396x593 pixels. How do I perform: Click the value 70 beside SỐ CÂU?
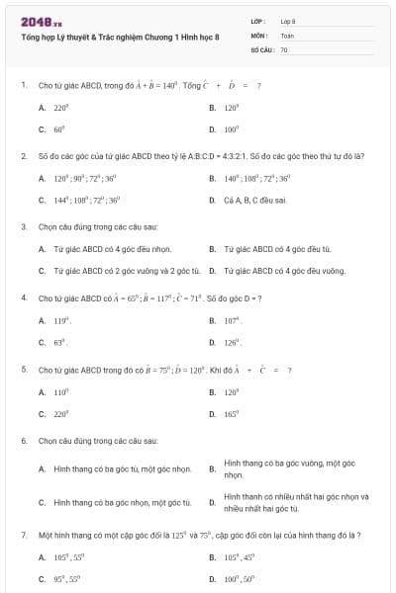pyautogui.click(x=284, y=49)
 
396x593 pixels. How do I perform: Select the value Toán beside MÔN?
pyautogui.click(x=287, y=35)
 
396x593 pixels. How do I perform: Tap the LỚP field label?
pyautogui.click(x=258, y=21)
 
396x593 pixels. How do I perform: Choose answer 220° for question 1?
pyautogui.click(x=60, y=107)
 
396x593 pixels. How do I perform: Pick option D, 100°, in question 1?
pyautogui.click(x=232, y=128)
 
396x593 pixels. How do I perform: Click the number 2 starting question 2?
pyautogui.click(x=23, y=156)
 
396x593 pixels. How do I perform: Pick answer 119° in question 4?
pyautogui.click(x=60, y=320)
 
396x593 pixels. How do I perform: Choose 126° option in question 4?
pyautogui.click(x=233, y=342)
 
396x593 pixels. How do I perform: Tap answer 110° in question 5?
pyautogui.click(x=60, y=391)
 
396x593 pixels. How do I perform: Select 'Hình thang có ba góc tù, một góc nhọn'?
pyautogui.click(x=122, y=468)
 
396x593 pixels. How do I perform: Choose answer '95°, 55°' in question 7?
pyautogui.click(x=66, y=577)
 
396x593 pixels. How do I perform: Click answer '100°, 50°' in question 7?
pyautogui.click(x=239, y=577)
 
